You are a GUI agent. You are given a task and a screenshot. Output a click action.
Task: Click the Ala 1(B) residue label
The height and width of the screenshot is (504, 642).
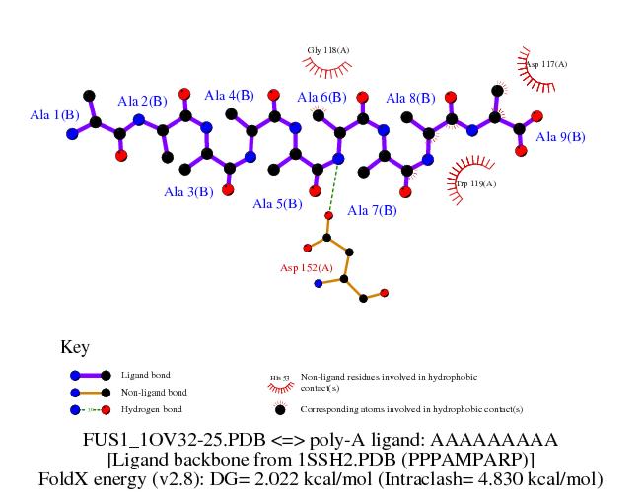click(54, 115)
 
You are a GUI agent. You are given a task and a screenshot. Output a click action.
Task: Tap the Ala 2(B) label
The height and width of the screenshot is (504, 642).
click(142, 101)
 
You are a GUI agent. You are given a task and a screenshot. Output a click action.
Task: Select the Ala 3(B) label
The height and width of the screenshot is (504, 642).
click(188, 192)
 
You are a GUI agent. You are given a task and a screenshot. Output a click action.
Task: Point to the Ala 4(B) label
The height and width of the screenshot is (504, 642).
click(229, 96)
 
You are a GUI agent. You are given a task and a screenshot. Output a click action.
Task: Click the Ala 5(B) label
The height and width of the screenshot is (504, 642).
click(277, 204)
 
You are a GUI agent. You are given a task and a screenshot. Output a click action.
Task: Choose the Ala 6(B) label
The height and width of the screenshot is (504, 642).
click(321, 97)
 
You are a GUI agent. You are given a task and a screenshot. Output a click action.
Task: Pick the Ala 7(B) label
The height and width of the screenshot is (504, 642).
click(372, 210)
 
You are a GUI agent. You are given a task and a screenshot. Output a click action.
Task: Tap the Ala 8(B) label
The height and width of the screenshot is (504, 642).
click(410, 98)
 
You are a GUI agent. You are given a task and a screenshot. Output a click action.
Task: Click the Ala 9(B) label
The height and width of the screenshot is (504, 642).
click(560, 137)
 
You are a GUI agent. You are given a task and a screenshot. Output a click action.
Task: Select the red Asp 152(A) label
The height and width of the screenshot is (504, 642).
click(307, 267)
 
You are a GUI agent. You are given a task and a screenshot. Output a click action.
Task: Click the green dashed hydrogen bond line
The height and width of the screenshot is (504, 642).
click(333, 187)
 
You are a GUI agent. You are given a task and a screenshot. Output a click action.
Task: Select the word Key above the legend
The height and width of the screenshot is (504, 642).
click(75, 347)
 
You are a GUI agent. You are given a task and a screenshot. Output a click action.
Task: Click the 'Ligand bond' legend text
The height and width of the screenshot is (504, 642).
click(145, 375)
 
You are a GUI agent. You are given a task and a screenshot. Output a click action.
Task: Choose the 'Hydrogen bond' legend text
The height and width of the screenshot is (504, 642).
click(151, 409)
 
